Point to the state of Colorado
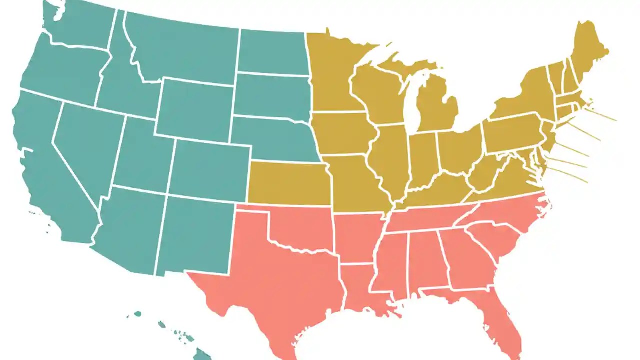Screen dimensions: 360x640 coord(210,167)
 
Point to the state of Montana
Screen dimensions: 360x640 coord(185,50)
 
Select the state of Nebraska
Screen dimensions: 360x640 coord(277,140)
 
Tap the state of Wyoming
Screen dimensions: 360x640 coord(195,110)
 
